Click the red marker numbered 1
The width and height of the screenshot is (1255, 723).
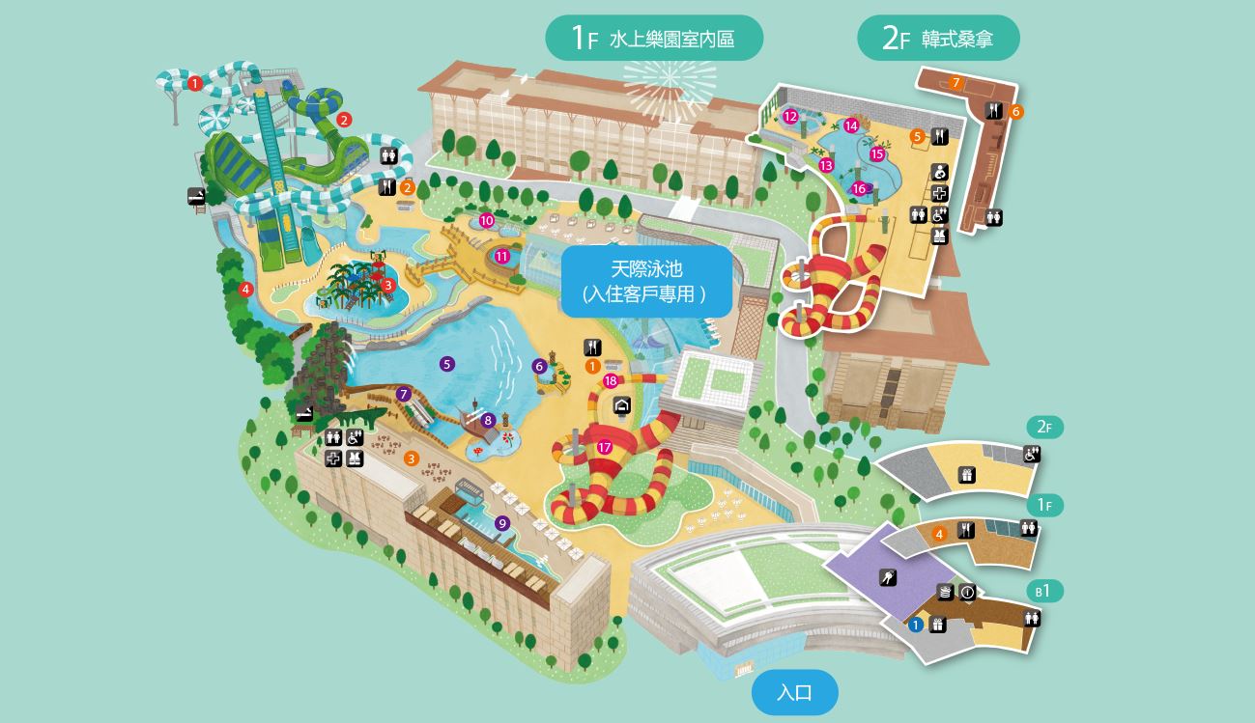click(194, 84)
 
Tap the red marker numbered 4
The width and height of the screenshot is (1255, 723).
click(246, 289)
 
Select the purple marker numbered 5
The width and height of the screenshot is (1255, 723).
click(446, 364)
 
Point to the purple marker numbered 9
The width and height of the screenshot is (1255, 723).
click(501, 523)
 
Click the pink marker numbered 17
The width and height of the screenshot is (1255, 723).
click(605, 447)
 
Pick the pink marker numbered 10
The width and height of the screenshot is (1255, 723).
click(487, 221)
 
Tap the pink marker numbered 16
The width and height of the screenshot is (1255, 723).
click(859, 189)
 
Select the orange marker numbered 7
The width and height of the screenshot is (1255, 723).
click(956, 83)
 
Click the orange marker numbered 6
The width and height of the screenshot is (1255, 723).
click(1015, 112)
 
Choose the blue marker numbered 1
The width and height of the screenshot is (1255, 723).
click(916, 625)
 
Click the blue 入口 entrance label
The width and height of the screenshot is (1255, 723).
click(794, 692)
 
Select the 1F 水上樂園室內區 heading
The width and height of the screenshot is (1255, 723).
click(654, 39)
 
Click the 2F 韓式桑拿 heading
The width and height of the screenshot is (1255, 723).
click(938, 39)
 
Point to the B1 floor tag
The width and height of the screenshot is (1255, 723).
click(1043, 591)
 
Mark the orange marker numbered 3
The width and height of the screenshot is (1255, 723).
click(412, 459)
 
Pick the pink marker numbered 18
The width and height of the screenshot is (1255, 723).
click(611, 381)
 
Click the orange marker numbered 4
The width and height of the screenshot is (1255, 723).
click(938, 534)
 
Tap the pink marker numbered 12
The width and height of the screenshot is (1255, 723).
click(790, 118)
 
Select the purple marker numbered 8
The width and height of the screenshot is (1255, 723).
click(488, 420)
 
